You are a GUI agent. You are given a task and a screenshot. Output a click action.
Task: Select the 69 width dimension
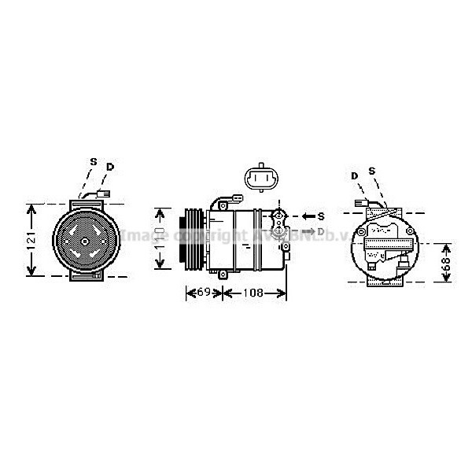point(202,293)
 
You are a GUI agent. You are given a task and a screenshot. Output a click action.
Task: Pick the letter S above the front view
point(93,162)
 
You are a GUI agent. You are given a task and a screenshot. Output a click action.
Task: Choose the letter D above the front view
point(110,167)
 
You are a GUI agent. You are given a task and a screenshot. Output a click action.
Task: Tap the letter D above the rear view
point(355,175)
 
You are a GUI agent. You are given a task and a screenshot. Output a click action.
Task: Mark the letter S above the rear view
point(372,171)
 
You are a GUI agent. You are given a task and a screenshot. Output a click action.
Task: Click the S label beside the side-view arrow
point(321,215)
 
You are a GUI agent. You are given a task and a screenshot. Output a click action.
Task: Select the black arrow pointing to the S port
point(307,215)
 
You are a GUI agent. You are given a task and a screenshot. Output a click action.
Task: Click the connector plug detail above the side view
point(259,180)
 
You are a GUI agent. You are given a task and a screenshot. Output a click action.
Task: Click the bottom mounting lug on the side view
point(224,273)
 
